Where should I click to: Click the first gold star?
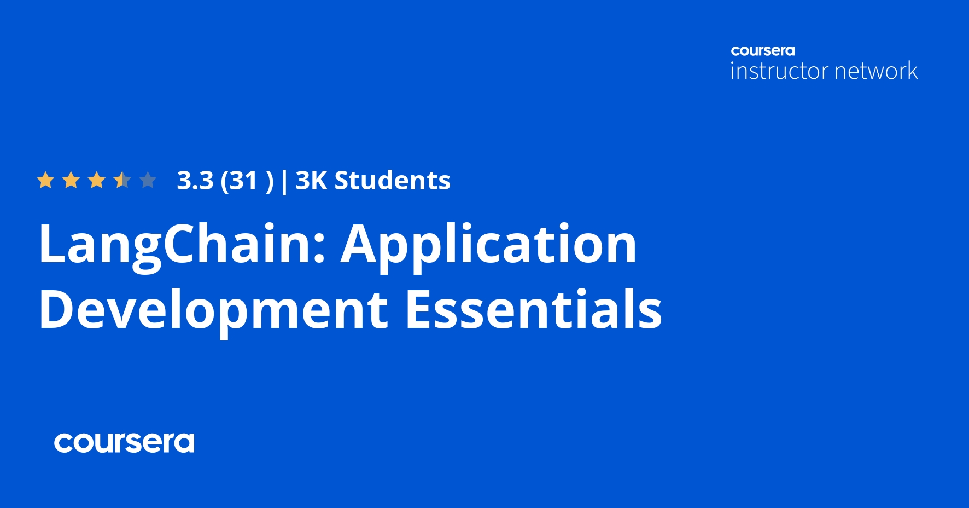pos(45,180)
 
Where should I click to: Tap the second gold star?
pos(71,180)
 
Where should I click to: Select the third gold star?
pos(97,180)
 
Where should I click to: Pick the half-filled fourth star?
pos(122,180)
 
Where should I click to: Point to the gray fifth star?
pos(148,180)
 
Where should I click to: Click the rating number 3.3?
pos(195,181)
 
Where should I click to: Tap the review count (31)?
pos(247,181)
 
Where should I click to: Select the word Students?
pos(392,181)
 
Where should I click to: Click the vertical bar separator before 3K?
pos(284,182)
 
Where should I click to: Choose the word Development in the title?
pos(213,310)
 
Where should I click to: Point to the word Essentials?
pos(533,310)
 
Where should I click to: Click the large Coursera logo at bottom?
pos(124,443)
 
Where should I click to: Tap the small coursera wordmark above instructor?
pos(763,51)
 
